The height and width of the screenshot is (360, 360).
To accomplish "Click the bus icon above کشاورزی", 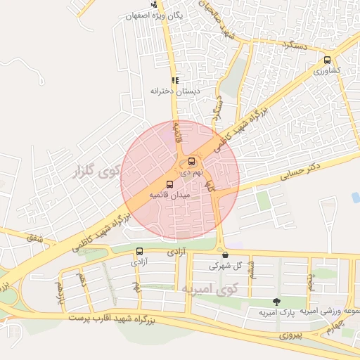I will point(327,60).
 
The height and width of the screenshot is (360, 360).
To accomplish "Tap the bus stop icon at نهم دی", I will point(193,161).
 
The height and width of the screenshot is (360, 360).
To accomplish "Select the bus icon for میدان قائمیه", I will point(169,184).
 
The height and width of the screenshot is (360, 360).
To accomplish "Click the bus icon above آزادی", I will point(139,251).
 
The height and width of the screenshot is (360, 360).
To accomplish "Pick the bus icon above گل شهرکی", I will point(225,255).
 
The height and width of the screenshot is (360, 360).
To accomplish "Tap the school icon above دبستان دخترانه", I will point(174,80).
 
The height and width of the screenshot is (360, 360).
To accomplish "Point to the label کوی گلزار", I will point(95,170).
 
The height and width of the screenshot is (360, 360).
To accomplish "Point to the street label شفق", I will point(35,240).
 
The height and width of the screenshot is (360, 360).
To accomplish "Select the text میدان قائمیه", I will point(168,194).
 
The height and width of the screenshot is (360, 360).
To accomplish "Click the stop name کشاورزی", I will point(327,72).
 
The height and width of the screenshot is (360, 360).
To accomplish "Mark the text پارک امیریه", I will point(274,311).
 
